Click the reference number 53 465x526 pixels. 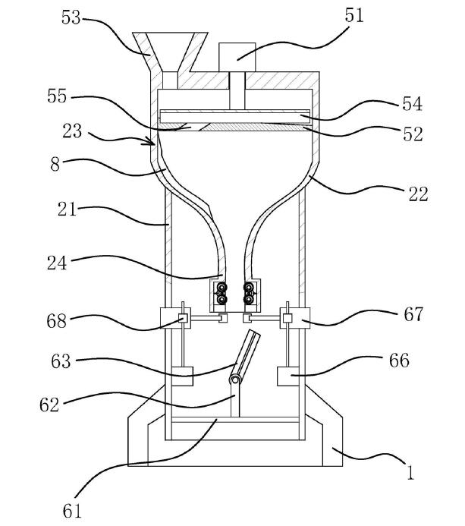point(73,17)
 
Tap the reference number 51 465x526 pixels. point(353,15)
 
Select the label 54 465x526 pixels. point(407,103)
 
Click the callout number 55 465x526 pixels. point(56,97)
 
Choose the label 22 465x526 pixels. point(418,194)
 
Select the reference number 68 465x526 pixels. point(58,321)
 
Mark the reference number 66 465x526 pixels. point(398,360)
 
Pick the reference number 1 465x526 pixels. point(410,474)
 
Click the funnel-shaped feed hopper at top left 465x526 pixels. point(170,49)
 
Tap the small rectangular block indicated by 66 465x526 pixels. point(291,376)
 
